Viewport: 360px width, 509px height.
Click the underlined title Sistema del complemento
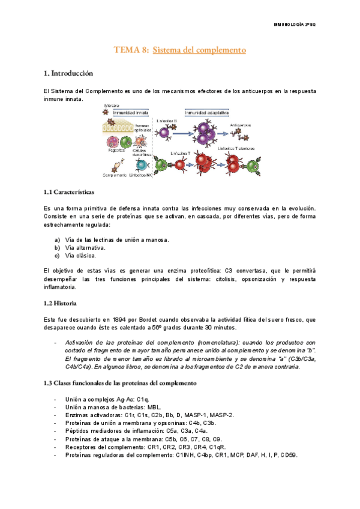point(199,50)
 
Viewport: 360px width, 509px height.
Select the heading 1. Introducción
point(68,73)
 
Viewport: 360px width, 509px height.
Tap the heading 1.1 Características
point(68,192)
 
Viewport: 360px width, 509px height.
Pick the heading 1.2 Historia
point(60,303)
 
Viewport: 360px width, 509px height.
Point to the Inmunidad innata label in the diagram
point(125,112)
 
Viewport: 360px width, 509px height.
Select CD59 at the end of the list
point(289,454)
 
